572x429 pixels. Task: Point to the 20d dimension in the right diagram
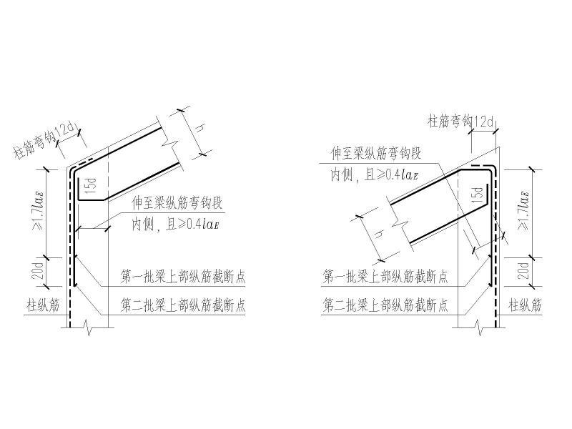524,272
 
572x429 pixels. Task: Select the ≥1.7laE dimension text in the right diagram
524,212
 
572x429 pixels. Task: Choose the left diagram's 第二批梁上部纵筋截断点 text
183,306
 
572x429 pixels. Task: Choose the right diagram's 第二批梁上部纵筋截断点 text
385,305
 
